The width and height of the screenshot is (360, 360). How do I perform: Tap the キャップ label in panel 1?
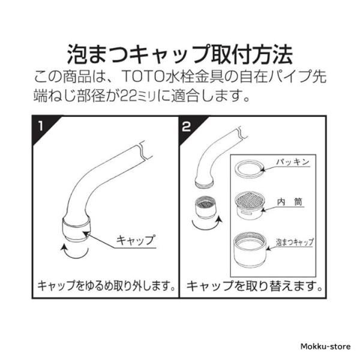pos(136,240)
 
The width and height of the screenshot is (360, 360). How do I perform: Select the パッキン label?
pos(292,162)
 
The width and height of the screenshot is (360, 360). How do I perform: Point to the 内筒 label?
pos(290,202)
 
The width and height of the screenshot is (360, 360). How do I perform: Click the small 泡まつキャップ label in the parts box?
pos(295,242)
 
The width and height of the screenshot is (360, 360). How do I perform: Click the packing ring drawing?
pos(250,169)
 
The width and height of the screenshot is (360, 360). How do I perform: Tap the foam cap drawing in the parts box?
pos(250,250)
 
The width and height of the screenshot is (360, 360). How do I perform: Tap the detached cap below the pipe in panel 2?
pos(205,207)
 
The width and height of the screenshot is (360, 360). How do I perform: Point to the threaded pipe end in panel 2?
pos(204,183)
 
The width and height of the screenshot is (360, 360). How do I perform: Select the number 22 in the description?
pos(129,95)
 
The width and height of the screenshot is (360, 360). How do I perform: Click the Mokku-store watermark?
pos(326,346)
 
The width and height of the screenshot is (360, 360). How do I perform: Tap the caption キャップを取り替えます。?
pos(254,286)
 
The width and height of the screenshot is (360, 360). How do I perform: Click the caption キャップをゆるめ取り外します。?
pos(106,286)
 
